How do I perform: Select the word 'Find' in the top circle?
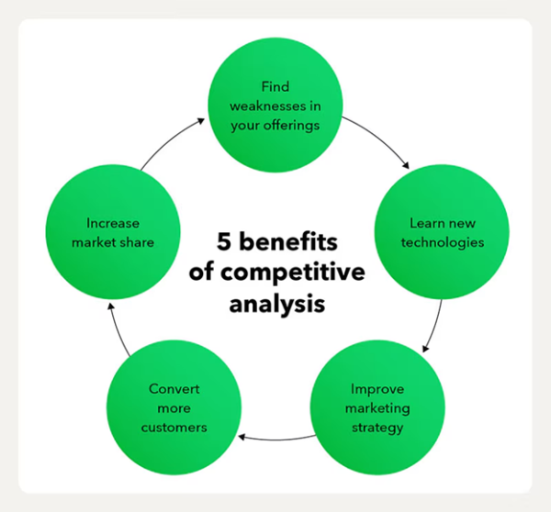(x=275, y=87)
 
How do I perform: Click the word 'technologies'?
(x=443, y=242)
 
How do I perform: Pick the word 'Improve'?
(x=377, y=389)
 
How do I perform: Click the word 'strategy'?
(x=377, y=429)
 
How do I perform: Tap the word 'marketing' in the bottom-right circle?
(x=377, y=408)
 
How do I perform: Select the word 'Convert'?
(x=174, y=389)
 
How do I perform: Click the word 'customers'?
(x=174, y=428)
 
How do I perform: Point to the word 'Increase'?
(x=113, y=223)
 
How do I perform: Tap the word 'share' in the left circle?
(x=138, y=242)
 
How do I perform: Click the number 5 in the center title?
(x=224, y=241)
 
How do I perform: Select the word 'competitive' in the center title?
(x=293, y=273)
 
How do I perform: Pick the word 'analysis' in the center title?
(x=277, y=304)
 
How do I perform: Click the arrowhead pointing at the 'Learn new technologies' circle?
(x=406, y=165)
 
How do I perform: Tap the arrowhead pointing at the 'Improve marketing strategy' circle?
(x=425, y=349)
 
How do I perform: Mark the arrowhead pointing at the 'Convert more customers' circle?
(x=242, y=437)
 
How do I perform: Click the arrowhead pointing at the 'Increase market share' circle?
(x=111, y=307)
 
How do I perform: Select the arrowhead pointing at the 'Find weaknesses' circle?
(x=200, y=121)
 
